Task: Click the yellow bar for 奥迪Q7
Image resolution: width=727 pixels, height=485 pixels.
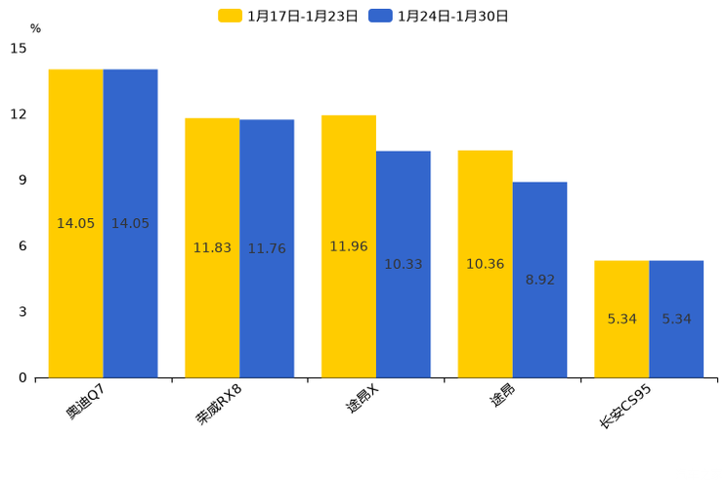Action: click(x=75, y=223)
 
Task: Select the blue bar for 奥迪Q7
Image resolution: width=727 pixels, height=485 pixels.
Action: click(x=130, y=223)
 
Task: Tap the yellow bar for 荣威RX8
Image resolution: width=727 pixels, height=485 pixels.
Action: click(x=212, y=247)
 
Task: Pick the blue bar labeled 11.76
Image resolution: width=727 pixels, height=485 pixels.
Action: click(x=267, y=248)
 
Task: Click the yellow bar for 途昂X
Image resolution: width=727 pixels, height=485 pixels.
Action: click(x=349, y=246)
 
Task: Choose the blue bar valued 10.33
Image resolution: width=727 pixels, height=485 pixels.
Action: click(x=403, y=264)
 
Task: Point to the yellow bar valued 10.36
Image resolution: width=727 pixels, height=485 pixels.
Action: click(x=485, y=264)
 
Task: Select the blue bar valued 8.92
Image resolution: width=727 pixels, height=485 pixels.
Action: click(x=539, y=280)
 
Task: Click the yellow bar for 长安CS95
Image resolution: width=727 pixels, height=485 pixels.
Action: click(x=621, y=319)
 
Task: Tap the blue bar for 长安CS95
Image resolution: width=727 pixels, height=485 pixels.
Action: click(x=676, y=319)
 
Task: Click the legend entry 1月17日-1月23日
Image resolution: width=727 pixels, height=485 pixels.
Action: click(x=289, y=16)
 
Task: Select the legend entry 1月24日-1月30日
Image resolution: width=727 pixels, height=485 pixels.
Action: click(x=440, y=16)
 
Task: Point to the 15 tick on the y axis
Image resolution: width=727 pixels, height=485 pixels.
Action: click(x=20, y=48)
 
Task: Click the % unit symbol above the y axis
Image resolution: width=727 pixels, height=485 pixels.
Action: click(x=35, y=28)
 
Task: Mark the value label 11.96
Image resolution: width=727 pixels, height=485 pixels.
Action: click(x=349, y=246)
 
